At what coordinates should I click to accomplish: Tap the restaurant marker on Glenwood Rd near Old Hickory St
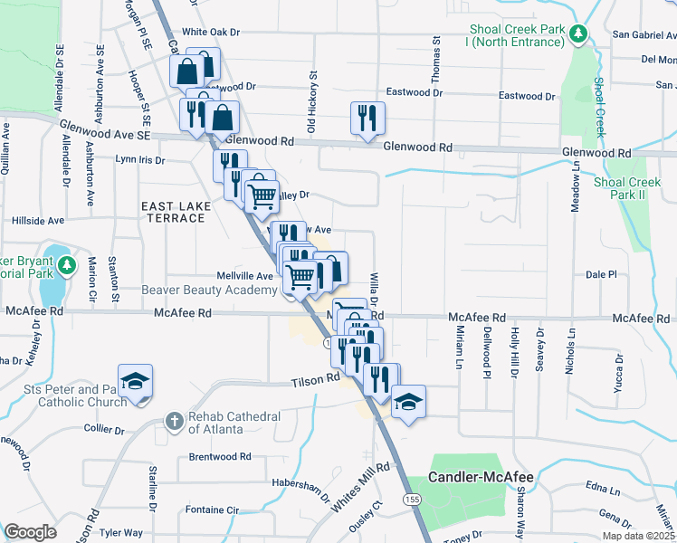click(x=367, y=119)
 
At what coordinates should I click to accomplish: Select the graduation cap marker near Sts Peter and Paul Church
click(x=135, y=382)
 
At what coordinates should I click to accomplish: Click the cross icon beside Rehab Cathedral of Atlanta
click(x=174, y=421)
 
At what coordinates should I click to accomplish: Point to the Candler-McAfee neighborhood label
click(x=480, y=477)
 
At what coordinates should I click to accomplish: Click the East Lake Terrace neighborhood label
click(x=176, y=213)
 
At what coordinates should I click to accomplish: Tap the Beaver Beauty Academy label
click(x=209, y=291)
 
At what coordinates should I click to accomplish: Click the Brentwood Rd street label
click(x=219, y=457)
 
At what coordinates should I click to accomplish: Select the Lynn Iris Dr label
click(x=139, y=160)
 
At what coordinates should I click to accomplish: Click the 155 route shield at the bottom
click(x=413, y=500)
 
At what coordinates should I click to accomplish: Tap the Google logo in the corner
click(x=30, y=532)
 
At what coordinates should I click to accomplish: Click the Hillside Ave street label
click(x=37, y=220)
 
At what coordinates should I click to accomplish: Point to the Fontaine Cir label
click(x=211, y=510)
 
